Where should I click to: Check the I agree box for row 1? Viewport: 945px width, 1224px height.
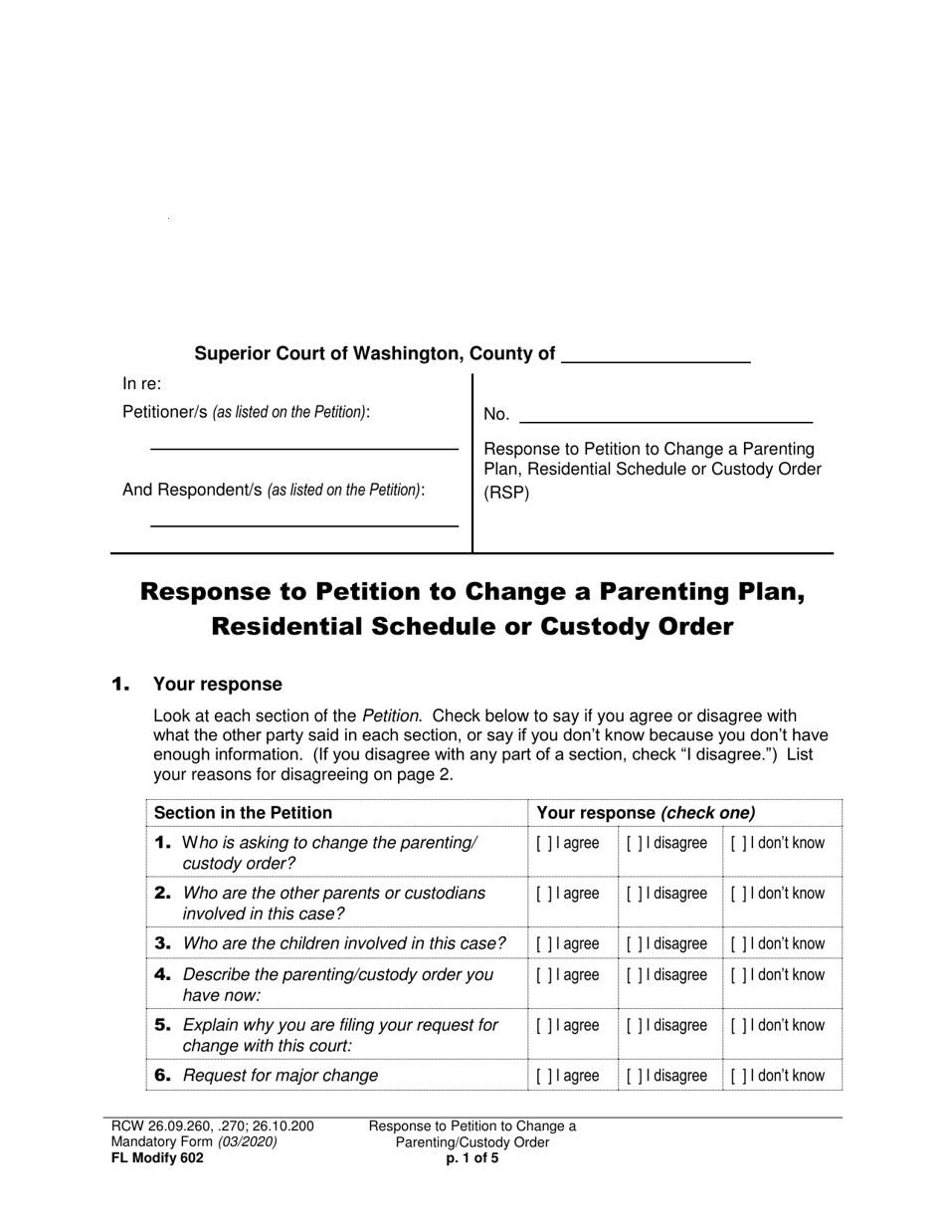(544, 844)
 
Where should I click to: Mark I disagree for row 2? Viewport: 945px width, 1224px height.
(634, 894)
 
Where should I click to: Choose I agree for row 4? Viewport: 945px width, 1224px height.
(544, 975)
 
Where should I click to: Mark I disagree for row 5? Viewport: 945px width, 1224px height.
(634, 1026)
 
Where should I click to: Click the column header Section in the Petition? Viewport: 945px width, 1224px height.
(243, 813)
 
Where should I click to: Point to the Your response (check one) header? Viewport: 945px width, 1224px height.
(646, 813)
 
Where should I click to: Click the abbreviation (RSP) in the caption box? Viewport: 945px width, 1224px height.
(506, 492)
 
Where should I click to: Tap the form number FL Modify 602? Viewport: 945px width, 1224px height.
(157, 1158)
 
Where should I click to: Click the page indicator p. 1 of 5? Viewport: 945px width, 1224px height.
(472, 1158)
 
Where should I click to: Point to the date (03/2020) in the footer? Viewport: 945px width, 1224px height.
(247, 1142)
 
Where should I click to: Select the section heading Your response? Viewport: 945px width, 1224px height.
(217, 685)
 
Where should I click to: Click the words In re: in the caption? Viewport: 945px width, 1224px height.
(142, 384)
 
